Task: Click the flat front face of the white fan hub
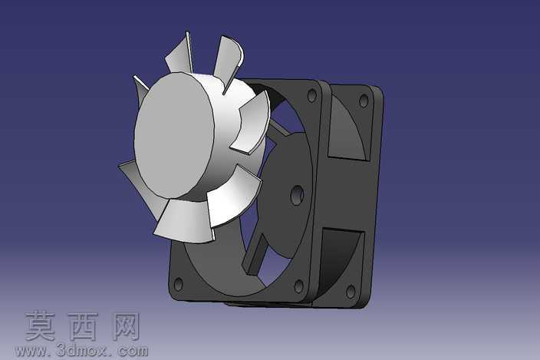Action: pyautogui.click(x=173, y=135)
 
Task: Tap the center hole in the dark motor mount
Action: pyautogui.click(x=297, y=195)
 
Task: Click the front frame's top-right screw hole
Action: pyautogui.click(x=311, y=95)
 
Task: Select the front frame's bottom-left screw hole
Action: pyautogui.click(x=179, y=284)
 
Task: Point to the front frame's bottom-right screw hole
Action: pyautogui.click(x=298, y=286)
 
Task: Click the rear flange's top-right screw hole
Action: pyautogui.click(x=364, y=101)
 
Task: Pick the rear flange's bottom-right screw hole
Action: pyautogui.click(x=351, y=292)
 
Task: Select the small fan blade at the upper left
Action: pyautogui.click(x=140, y=91)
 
